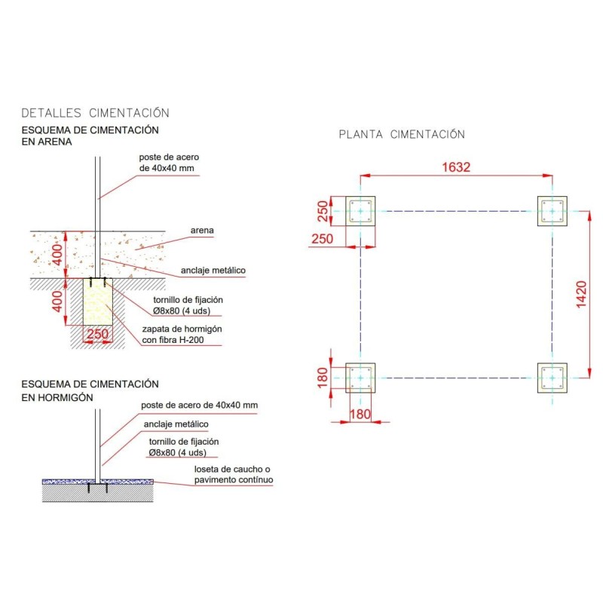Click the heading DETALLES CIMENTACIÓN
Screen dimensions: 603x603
click(95, 113)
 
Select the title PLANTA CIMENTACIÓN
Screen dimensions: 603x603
click(401, 135)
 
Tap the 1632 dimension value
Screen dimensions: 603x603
click(456, 167)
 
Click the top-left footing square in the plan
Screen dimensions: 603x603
click(361, 211)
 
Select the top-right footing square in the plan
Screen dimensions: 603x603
click(552, 211)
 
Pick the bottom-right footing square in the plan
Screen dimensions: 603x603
click(552, 378)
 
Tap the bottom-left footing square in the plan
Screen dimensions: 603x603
click(361, 378)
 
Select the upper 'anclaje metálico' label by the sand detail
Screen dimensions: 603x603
click(213, 270)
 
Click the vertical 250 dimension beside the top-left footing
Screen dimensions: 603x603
click(322, 211)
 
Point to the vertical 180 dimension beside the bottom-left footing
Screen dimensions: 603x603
click(322, 378)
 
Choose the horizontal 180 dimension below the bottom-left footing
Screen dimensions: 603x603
click(361, 414)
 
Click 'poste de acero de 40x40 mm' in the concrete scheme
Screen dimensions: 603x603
click(199, 406)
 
